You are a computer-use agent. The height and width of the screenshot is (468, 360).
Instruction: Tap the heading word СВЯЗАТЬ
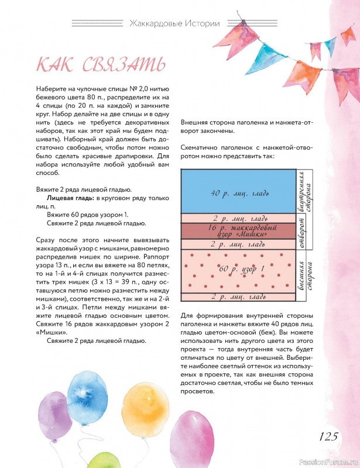click(121, 64)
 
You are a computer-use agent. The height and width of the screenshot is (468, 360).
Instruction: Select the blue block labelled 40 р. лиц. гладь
click(238, 192)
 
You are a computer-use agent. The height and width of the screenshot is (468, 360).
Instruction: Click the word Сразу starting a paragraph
click(32, 241)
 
